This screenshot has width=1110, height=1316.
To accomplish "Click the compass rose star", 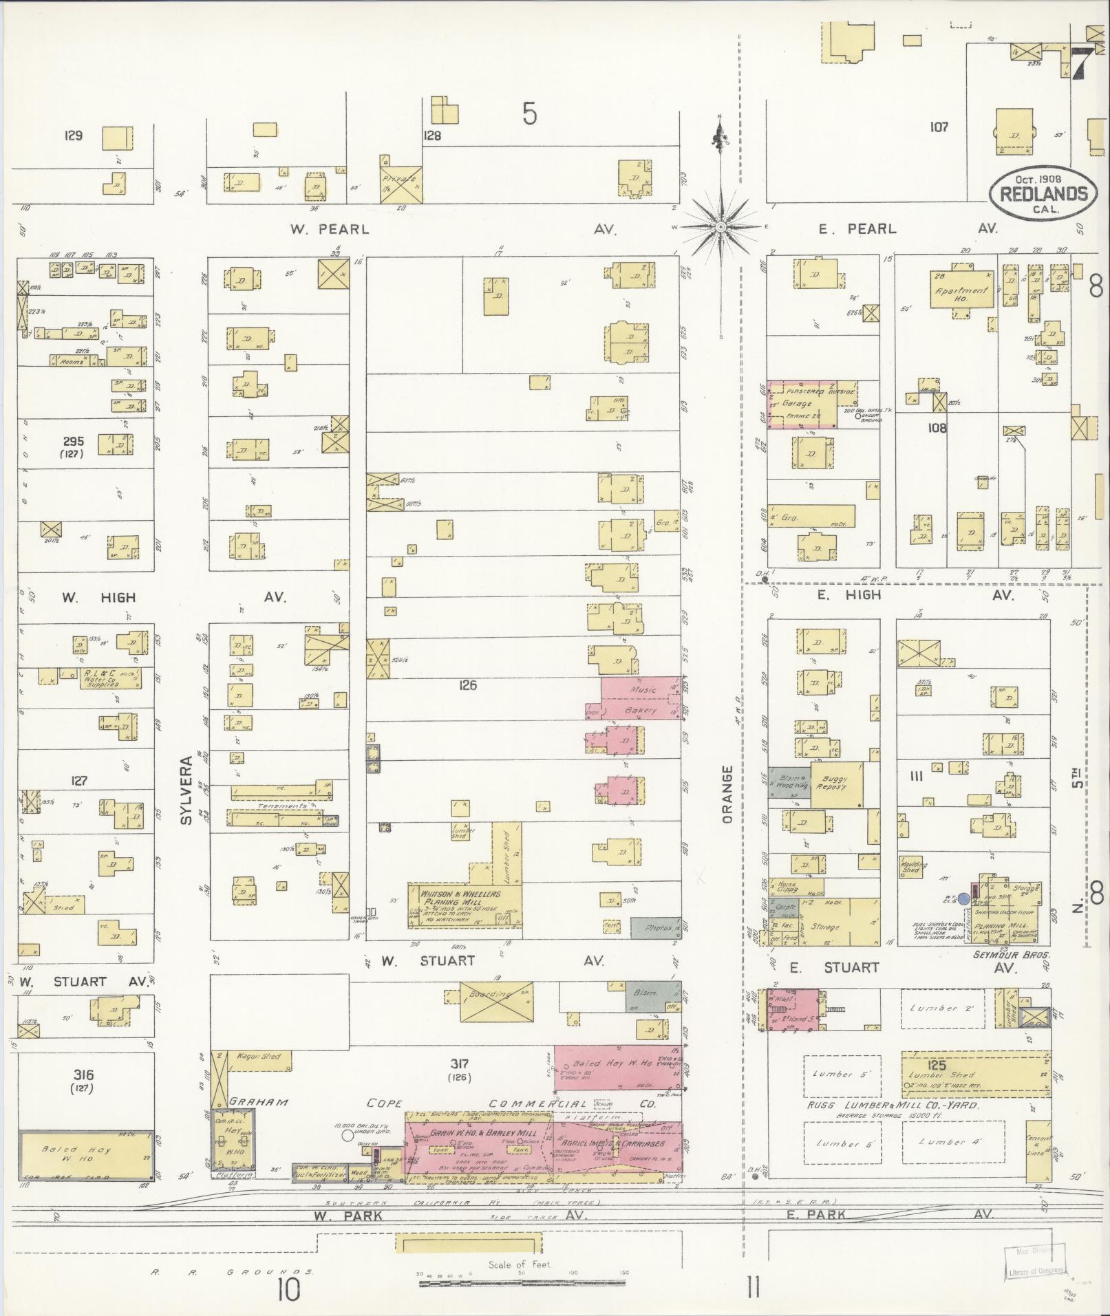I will [720, 227].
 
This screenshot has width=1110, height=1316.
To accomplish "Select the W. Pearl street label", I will [329, 230].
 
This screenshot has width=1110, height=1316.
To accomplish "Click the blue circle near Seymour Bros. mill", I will [963, 898].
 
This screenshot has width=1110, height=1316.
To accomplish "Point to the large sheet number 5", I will [529, 114].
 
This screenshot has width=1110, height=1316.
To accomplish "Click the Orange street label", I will [729, 794].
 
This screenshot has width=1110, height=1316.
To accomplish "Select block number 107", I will [938, 127].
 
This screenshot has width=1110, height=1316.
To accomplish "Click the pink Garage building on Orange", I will [802, 404].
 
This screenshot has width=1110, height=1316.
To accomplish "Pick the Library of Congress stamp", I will [1035, 1265].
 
